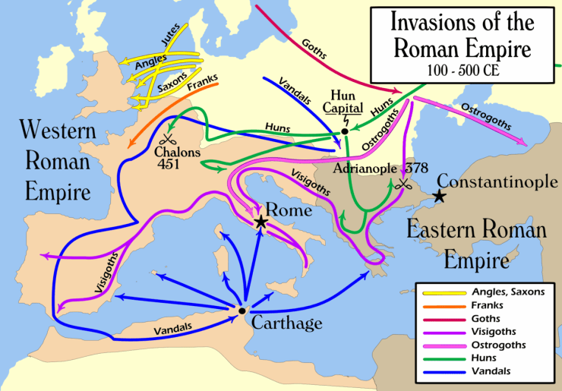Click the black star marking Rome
click(x=261, y=222)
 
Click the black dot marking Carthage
click(x=242, y=311)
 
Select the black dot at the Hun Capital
click(x=344, y=131)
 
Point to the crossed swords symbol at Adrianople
click(x=403, y=183)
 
